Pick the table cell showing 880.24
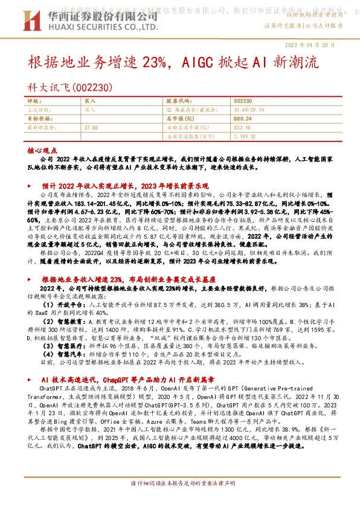(242, 119)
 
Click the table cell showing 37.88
(92, 128)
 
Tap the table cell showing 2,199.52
(245, 136)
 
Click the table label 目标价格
(39, 119)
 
